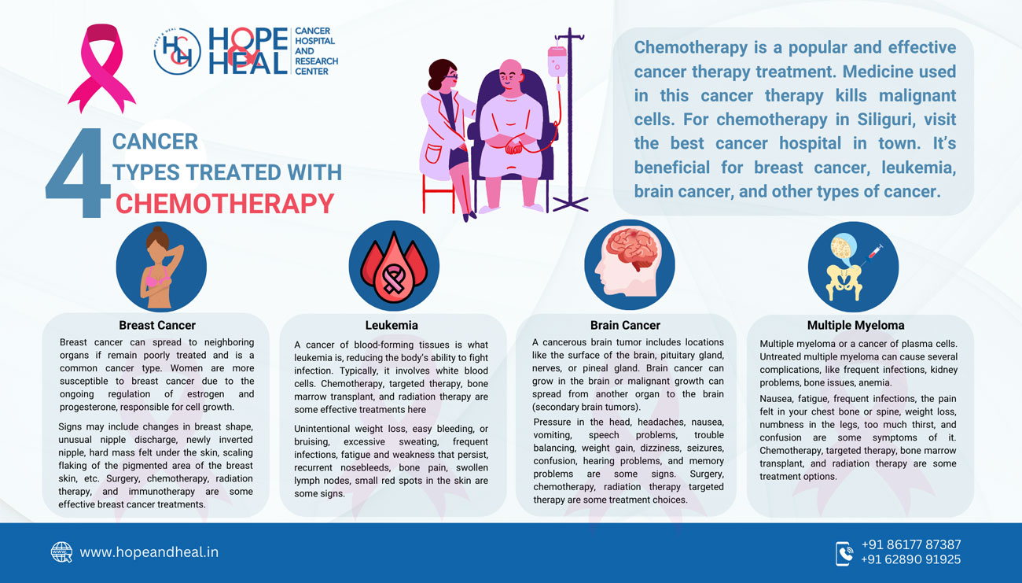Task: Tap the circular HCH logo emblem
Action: [x=177, y=52]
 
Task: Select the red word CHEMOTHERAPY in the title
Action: [x=225, y=204]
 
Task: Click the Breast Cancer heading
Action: [x=157, y=325]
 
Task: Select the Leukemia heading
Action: [x=392, y=325]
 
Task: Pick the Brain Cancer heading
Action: [x=625, y=325]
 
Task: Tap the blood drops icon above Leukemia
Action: [x=393, y=267]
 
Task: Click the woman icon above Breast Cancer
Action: [x=160, y=267]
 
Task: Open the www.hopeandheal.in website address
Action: [x=149, y=552]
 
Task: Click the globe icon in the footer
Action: [x=61, y=552]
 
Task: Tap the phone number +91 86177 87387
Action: [x=910, y=544]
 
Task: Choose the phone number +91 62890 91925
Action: [x=910, y=559]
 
